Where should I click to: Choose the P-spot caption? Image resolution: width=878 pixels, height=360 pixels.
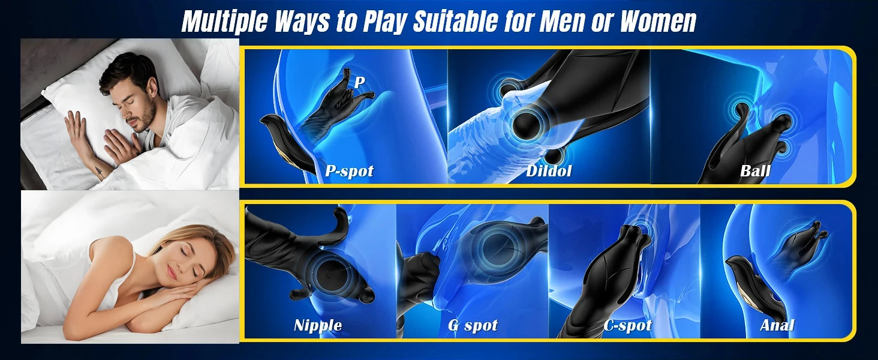click(x=349, y=171)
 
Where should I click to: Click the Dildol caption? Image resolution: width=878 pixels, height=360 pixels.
click(x=549, y=170)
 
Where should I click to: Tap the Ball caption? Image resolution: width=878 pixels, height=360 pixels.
click(x=755, y=170)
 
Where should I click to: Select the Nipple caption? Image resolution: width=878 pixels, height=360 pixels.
click(x=318, y=325)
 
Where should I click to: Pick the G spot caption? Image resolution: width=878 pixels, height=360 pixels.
click(x=473, y=325)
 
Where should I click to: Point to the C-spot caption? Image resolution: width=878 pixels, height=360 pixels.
click(x=627, y=325)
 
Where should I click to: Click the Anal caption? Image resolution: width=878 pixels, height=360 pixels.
click(x=777, y=325)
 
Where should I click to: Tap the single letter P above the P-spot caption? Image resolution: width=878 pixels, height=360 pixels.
click(x=360, y=82)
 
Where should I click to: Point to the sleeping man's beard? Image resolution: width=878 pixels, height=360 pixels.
click(x=144, y=116)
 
